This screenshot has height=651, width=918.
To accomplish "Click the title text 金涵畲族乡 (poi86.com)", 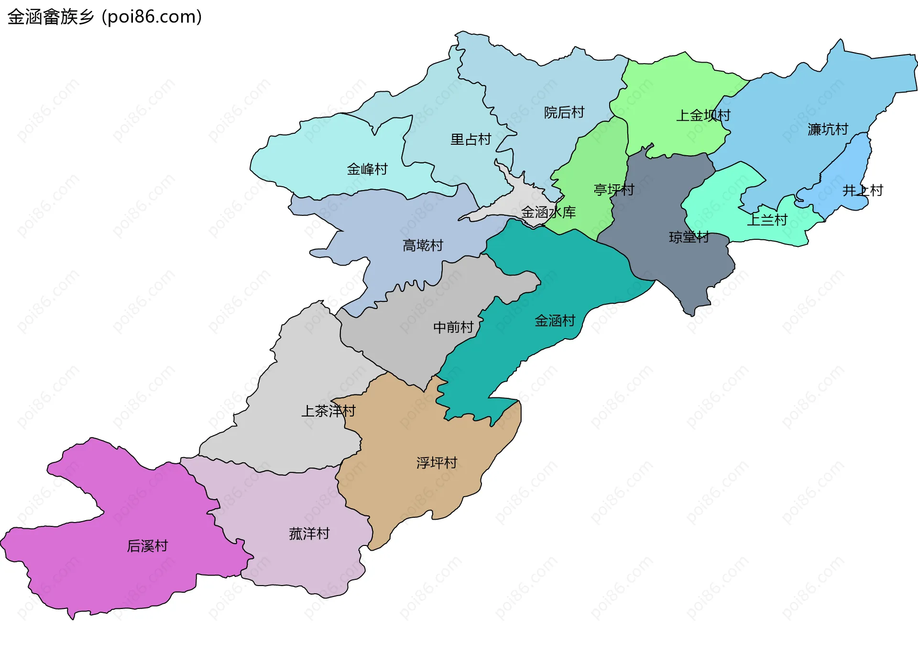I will tap(104, 17).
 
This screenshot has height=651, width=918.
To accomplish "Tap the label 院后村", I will tap(564, 113).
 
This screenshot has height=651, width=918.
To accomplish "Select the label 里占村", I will tap(470, 139).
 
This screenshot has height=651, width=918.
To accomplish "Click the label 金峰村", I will tap(367, 169).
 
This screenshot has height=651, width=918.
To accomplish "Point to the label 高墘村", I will tap(423, 245).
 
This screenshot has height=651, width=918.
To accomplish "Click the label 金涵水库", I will tap(548, 212).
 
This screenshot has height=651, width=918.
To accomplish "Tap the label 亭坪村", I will tap(613, 190).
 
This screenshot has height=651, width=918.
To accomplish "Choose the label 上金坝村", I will tap(703, 115).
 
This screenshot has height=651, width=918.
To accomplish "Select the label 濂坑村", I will tap(827, 129).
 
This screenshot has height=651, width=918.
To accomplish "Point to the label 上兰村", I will tap(767, 220).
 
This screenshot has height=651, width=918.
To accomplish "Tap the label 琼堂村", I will tap(688, 237).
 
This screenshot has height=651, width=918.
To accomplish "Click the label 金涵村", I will tap(555, 320).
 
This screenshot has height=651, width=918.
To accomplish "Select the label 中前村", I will tap(453, 327).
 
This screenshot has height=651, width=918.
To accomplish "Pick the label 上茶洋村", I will tap(328, 411).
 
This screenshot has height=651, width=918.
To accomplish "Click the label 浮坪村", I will tap(436, 463).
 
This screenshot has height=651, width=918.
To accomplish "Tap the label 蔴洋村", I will tap(309, 534).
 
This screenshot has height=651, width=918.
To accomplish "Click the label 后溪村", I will tap(147, 546).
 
